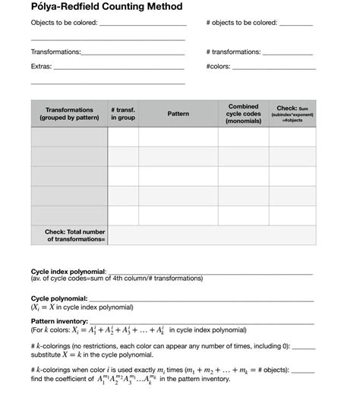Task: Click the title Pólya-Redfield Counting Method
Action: point(106,7)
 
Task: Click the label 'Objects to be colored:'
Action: point(65,23)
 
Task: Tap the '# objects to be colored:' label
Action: point(242,23)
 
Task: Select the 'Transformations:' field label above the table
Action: point(55,52)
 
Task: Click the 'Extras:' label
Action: point(42,66)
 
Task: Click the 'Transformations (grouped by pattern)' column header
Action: point(69,114)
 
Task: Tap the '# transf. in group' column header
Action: point(122,114)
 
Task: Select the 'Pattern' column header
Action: point(178,114)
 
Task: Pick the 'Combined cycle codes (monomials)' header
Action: point(243,114)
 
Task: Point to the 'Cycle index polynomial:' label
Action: point(68,271)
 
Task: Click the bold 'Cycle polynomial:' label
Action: point(59,299)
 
